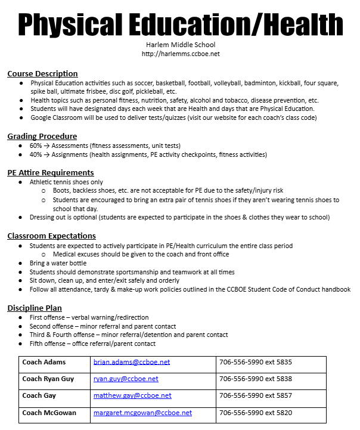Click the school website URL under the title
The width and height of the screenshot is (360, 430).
180,54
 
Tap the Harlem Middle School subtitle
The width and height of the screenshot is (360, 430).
180,45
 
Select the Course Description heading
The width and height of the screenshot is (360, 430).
42,74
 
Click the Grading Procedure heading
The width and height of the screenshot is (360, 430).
42,137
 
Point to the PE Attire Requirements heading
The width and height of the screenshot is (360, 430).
50,173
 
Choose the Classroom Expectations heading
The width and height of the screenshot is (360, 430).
51,236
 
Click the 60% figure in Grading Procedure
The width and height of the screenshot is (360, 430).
36,146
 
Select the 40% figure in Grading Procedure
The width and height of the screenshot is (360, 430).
36,154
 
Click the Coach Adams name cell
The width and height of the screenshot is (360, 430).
44,362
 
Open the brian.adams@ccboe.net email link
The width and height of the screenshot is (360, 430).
132,362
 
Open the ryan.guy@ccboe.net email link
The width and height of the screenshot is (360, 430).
126,379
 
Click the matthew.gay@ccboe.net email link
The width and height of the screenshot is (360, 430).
132,395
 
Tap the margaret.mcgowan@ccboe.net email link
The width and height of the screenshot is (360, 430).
142,413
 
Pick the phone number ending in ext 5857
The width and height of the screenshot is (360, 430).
255,395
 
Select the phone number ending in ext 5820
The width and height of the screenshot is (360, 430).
255,413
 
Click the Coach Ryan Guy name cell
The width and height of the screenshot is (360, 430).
49,379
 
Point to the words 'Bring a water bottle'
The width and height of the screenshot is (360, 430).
58,263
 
